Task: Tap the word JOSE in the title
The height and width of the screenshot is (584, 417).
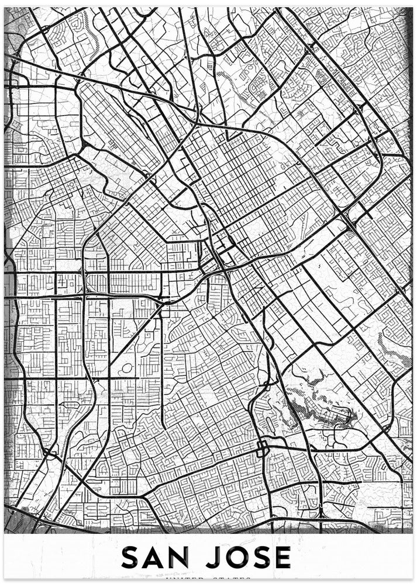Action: [249, 557]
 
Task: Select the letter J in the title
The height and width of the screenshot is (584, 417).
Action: [213, 557]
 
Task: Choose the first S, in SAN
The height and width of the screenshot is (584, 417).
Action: [132, 557]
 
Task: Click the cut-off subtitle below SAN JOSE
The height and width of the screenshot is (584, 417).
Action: [208, 579]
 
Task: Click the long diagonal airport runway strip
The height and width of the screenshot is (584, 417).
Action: [120, 126]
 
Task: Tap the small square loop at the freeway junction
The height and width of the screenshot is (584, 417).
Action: [261, 449]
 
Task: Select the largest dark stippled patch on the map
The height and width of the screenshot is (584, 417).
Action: [319, 409]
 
